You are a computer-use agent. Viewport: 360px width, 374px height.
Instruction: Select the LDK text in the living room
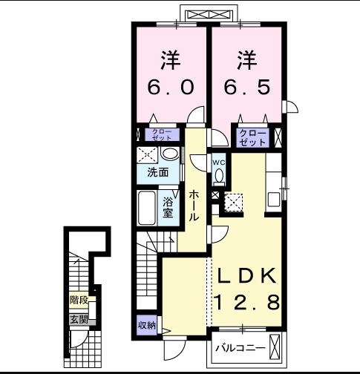[x=248, y=276]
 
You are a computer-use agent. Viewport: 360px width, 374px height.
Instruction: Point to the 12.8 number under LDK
[x=248, y=303]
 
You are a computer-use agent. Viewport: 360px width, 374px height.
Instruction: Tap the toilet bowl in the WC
[x=220, y=177]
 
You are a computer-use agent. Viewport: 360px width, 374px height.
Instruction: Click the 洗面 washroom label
[x=157, y=171]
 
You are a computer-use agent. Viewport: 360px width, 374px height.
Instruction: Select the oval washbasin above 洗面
[x=171, y=154]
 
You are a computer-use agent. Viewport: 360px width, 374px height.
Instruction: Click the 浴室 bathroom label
[x=168, y=206]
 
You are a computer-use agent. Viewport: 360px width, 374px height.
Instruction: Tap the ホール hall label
[x=193, y=205]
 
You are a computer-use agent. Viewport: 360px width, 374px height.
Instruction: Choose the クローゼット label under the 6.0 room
[x=161, y=136]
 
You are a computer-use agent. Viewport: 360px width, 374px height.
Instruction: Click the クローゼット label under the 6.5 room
[x=253, y=137]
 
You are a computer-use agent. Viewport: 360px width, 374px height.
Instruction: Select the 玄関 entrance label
[x=79, y=320]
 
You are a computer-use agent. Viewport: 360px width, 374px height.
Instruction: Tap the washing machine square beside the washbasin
[x=147, y=155]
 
